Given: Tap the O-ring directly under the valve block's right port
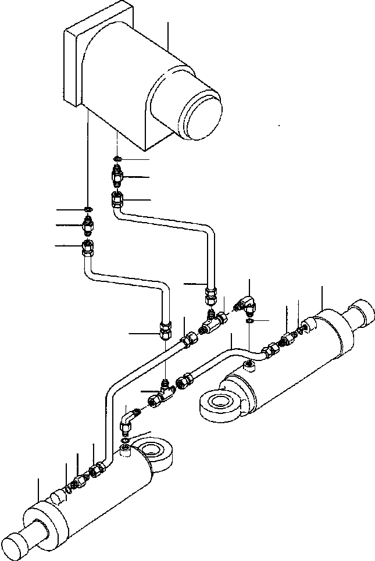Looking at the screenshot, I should click(117, 158).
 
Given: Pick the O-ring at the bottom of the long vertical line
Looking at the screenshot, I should click(87, 209).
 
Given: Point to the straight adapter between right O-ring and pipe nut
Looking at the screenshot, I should click(117, 174).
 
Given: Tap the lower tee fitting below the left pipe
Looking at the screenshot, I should click(160, 399).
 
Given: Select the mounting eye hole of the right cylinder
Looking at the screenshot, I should click(221, 402).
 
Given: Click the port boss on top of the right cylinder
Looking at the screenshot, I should click(248, 365).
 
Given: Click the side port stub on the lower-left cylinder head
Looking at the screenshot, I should click(57, 496).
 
